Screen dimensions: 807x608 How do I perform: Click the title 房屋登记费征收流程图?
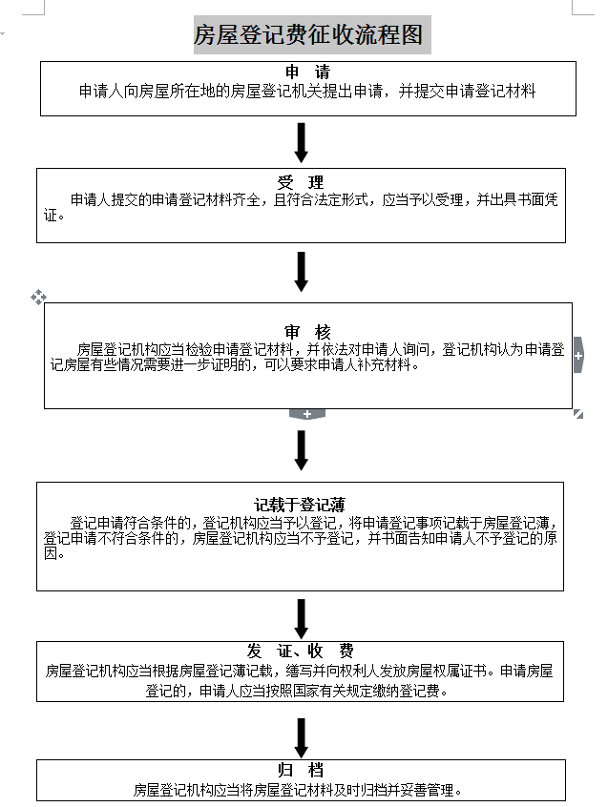click(307, 36)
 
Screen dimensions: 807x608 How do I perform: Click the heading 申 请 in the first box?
click(307, 73)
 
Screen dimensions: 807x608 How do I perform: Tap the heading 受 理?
click(301, 182)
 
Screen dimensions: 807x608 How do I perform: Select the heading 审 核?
click(307, 332)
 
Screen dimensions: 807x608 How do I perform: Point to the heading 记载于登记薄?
click(300, 504)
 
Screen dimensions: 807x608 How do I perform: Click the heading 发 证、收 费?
click(301, 651)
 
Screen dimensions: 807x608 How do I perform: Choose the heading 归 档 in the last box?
click(301, 770)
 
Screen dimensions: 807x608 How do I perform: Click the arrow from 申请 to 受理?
click(302, 142)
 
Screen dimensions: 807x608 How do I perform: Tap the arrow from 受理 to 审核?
click(302, 272)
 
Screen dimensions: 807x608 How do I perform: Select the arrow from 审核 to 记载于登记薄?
click(302, 450)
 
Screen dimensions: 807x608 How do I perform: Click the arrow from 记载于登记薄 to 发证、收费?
click(302, 618)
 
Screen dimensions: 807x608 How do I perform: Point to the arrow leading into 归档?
click(302, 737)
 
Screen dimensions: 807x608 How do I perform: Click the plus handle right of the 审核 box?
click(578, 356)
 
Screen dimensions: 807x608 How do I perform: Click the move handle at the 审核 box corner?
click(39, 298)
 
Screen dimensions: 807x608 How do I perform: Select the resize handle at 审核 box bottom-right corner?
click(578, 414)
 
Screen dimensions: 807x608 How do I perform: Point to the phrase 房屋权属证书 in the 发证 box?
click(451, 671)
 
